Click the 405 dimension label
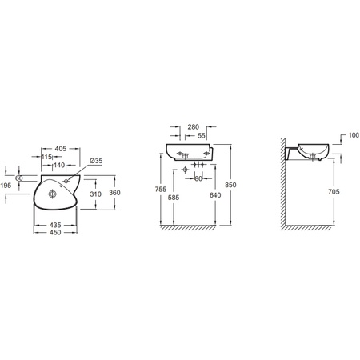pyautogui.click(x=61, y=149)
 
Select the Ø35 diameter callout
pyautogui.click(x=96, y=161)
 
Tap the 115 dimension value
pyautogui.click(x=46, y=157)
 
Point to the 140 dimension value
pyautogui.click(x=59, y=166)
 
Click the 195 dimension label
pyautogui.click(x=6, y=186)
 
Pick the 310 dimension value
pyautogui.click(x=95, y=194)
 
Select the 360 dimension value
pyautogui.click(x=114, y=193)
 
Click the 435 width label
pyautogui.click(x=55, y=226)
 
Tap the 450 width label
pyautogui.click(x=55, y=233)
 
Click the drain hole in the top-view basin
pyautogui.click(x=53, y=194)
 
